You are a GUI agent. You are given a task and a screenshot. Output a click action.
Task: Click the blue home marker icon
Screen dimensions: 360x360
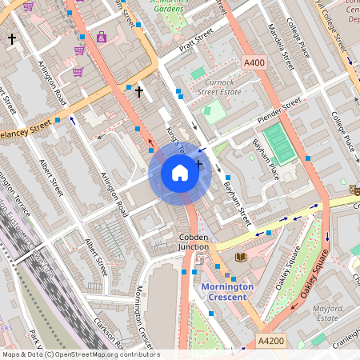[x=180, y=173]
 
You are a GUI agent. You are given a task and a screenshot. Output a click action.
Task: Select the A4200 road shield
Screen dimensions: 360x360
[x=270, y=342]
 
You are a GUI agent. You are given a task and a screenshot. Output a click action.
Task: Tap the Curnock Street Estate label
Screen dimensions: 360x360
[x=218, y=86]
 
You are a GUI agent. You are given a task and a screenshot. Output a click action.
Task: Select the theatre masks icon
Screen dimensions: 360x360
[x=354, y=189]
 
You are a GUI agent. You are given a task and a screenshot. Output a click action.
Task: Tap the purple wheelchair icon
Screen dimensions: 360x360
[x=102, y=37]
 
